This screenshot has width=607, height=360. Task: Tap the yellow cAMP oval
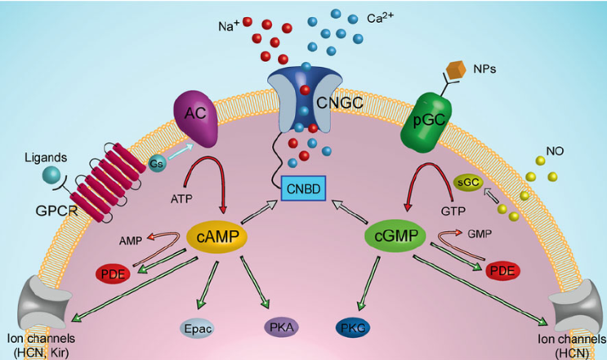point(217,237)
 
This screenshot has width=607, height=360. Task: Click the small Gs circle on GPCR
point(155,163)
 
